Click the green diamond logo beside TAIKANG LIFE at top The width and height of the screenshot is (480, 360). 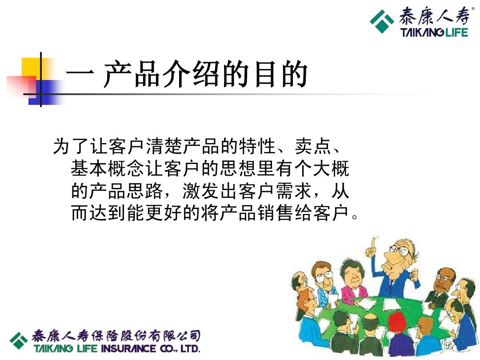[382, 21]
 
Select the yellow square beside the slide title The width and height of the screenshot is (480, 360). [31, 69]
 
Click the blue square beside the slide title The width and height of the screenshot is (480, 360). [43, 92]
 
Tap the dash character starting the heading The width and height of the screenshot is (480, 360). [80, 74]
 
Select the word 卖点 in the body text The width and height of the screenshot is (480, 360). [313, 146]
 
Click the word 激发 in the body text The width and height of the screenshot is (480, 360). [200, 191]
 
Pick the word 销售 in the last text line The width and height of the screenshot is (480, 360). [275, 213]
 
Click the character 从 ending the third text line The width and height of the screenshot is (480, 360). [340, 191]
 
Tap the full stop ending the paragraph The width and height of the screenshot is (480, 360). [355, 217]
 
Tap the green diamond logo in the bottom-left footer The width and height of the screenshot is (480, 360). [19, 340]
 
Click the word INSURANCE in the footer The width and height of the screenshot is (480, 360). [129, 348]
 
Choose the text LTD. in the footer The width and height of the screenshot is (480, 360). [190, 348]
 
